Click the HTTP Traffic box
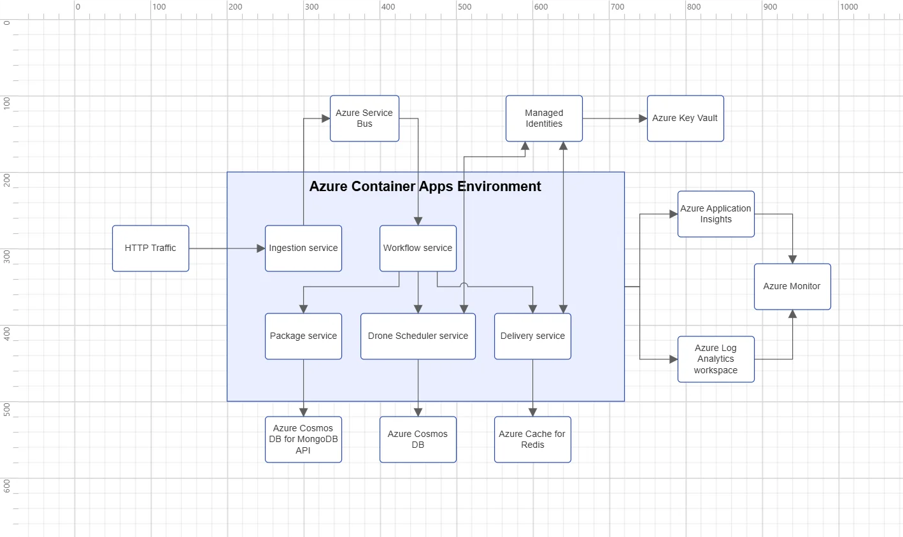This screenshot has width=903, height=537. (x=150, y=248)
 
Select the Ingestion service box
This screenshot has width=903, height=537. (x=303, y=248)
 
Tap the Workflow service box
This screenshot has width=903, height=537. (x=418, y=248)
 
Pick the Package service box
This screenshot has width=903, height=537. (x=303, y=336)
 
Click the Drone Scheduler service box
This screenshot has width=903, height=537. (x=418, y=336)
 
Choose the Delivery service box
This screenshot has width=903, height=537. (x=532, y=336)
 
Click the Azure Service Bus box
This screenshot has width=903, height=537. (x=364, y=118)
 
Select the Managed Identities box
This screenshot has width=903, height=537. (x=544, y=118)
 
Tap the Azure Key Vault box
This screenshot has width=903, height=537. (x=685, y=118)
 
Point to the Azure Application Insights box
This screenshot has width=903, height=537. (x=716, y=214)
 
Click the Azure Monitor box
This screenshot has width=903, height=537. (x=792, y=287)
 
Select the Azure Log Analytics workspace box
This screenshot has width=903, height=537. (x=716, y=359)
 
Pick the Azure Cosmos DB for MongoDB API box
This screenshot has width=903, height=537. (x=303, y=440)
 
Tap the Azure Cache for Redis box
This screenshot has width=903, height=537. (x=532, y=440)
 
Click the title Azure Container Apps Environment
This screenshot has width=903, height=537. (x=425, y=187)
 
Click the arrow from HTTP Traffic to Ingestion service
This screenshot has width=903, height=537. (x=227, y=248)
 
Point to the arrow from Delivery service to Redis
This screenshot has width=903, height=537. (x=533, y=387)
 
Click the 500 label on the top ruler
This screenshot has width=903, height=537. (x=465, y=7)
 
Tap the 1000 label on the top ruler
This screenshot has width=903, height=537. (x=849, y=7)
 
